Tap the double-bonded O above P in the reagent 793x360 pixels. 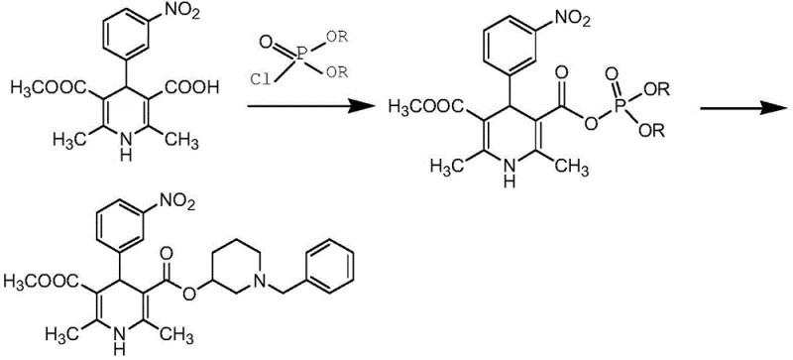(x=265, y=41)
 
